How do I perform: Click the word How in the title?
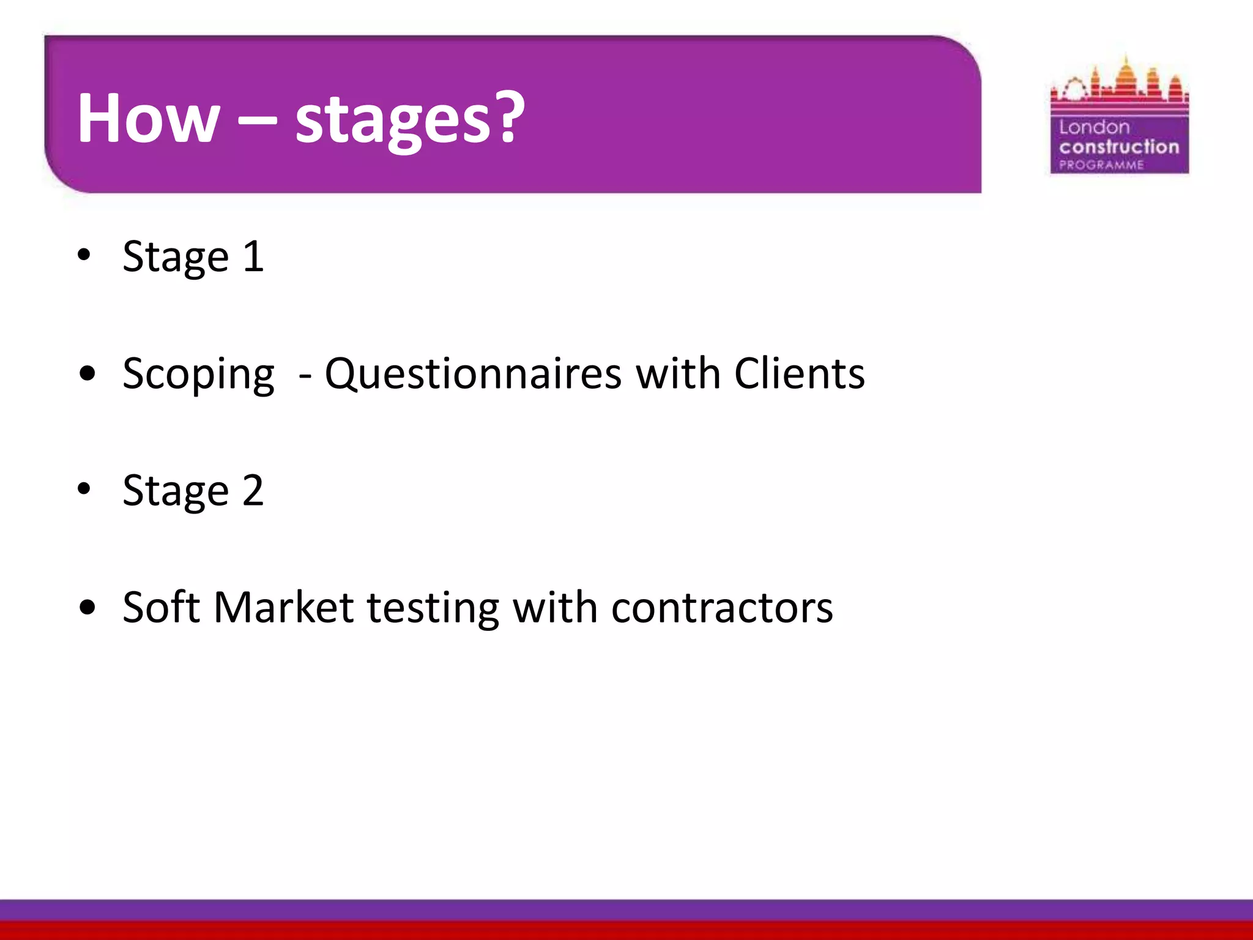pos(147,118)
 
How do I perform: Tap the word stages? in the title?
pos(409,120)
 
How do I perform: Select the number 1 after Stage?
pos(253,256)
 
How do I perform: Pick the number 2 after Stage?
pos(253,490)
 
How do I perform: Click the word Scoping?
pos(198,375)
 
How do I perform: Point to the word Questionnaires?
pos(473,374)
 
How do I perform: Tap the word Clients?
pos(799,373)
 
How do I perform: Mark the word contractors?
pos(722,608)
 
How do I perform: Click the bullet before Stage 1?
pos(84,255)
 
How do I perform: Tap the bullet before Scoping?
pos(87,373)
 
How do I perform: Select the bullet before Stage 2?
pos(84,489)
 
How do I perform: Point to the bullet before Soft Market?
pos(87,607)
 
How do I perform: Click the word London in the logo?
pos(1094,127)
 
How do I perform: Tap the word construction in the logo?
pos(1119,147)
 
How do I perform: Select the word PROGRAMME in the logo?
pos(1101,165)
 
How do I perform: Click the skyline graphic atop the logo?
pos(1119,86)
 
